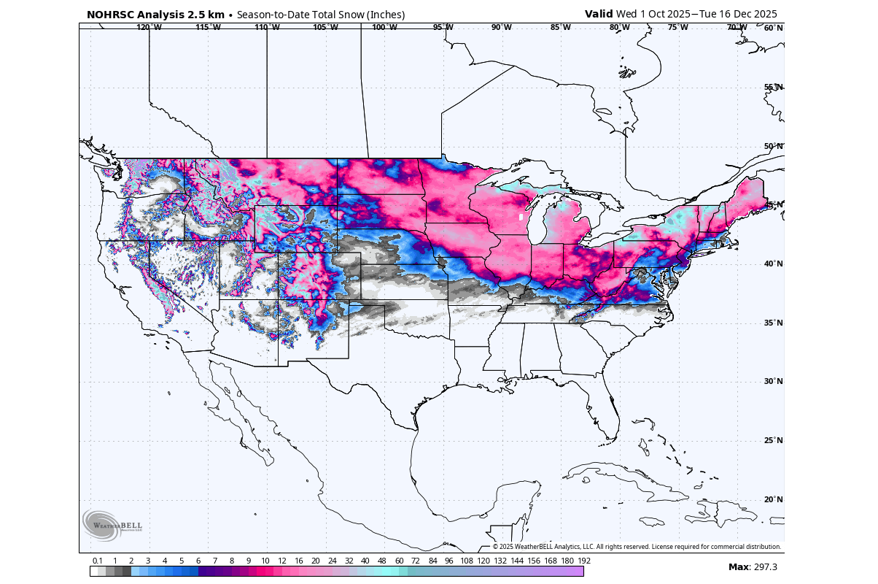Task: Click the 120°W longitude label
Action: (x=148, y=28)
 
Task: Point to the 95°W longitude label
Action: (x=443, y=28)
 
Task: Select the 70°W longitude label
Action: (x=737, y=28)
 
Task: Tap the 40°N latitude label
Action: (x=774, y=264)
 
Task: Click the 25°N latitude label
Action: (x=774, y=440)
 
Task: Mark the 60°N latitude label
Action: (x=774, y=28)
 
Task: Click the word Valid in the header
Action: (x=599, y=14)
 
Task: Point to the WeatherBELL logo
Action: (x=112, y=525)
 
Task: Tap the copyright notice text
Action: (x=637, y=547)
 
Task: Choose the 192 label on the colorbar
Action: (x=583, y=561)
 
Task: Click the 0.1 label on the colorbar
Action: (x=98, y=561)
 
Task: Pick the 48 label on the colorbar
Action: (x=382, y=561)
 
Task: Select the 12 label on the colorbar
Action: (x=281, y=561)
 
